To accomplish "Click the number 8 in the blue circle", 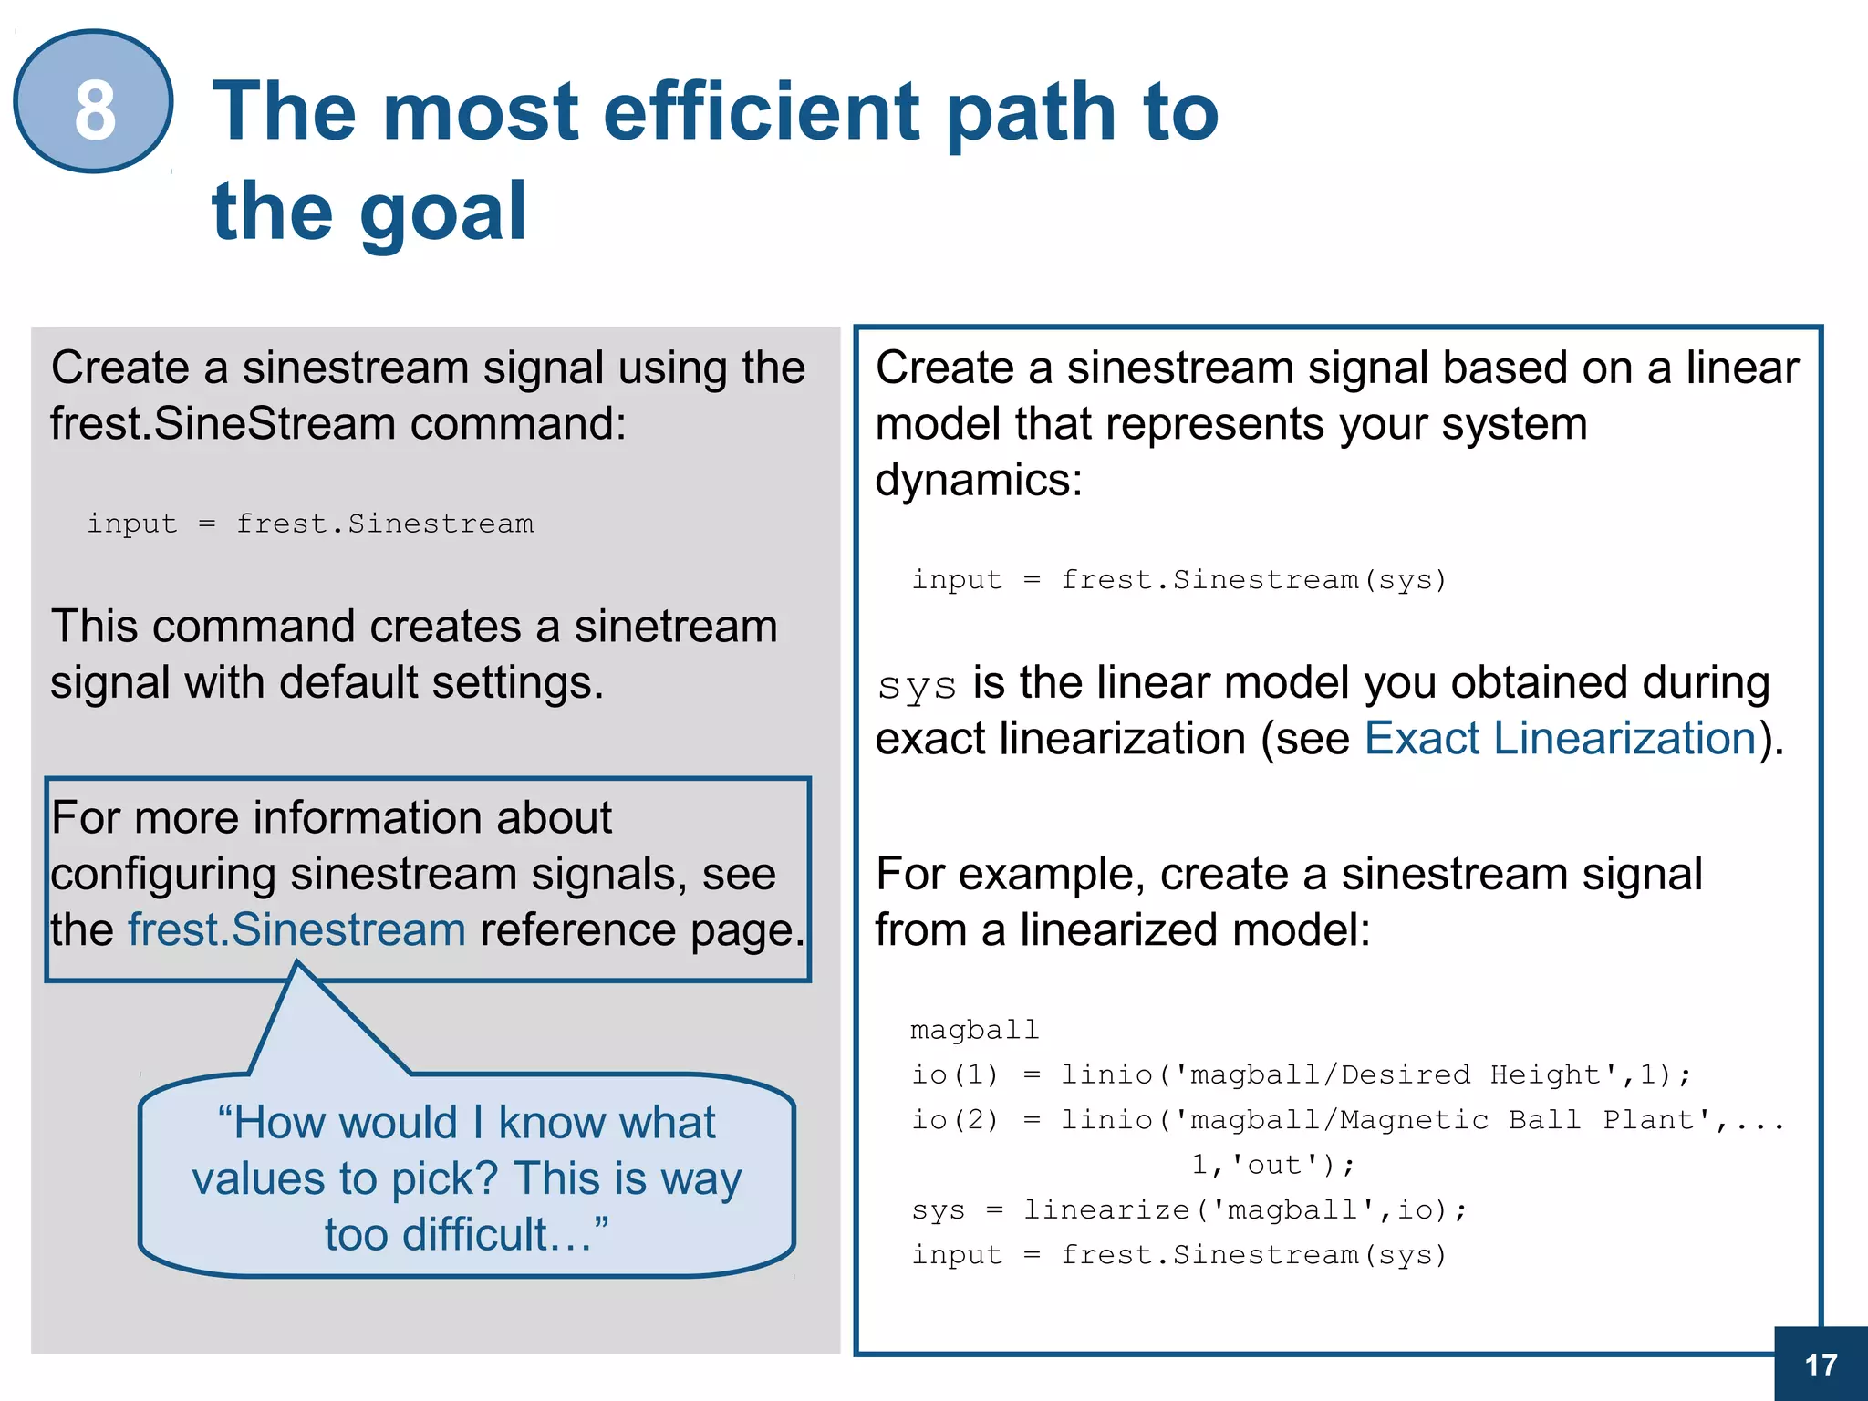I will (x=95, y=110).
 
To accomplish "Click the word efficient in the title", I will (x=761, y=112).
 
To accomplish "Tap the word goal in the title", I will (x=443, y=212).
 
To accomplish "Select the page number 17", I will (x=1821, y=1365).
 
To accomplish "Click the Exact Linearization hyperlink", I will (x=1560, y=738).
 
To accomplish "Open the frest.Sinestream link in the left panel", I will (x=296, y=929).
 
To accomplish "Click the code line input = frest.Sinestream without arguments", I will (x=310, y=524).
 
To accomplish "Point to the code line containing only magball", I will (x=974, y=1030).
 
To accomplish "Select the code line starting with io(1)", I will (x=1301, y=1074).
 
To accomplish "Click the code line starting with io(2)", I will (x=1346, y=1119).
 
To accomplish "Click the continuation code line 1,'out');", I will (x=1273, y=1165).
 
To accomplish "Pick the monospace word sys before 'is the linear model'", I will (x=917, y=685).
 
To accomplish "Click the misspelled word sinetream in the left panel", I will (x=675, y=627).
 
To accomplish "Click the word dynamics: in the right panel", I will (x=978, y=480).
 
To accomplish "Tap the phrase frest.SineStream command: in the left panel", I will (x=337, y=424).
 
